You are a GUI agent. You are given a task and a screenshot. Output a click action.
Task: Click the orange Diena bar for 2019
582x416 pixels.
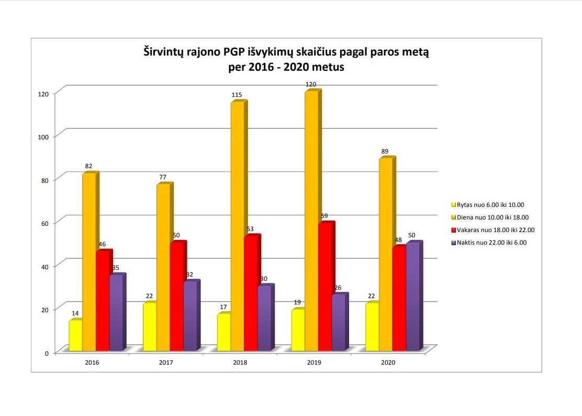311,220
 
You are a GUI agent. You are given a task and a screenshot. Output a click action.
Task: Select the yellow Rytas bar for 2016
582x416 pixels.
75,335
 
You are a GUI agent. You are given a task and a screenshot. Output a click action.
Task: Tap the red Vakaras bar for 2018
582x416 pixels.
251,293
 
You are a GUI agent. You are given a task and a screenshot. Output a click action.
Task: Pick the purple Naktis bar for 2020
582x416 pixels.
413,296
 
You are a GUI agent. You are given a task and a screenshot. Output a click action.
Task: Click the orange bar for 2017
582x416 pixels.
163,267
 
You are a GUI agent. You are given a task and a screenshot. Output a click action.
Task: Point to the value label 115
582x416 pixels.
237,95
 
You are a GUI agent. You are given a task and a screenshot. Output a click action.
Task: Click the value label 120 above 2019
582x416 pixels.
311,84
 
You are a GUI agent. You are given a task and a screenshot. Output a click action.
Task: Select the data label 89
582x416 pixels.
385,151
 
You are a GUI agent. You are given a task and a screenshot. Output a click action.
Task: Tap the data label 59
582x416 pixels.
324,215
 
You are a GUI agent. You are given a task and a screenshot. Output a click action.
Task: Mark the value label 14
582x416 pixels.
75,313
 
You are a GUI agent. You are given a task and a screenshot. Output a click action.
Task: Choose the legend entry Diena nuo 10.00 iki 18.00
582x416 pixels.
493,217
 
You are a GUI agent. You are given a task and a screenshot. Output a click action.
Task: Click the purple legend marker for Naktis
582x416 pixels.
454,243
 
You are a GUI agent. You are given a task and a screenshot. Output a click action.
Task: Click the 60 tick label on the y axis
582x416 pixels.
44,223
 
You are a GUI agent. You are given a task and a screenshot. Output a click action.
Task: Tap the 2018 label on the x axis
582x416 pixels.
240,363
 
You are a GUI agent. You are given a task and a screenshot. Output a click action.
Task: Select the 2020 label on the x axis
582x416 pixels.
388,363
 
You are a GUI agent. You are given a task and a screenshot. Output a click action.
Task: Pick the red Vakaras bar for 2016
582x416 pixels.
103,301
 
